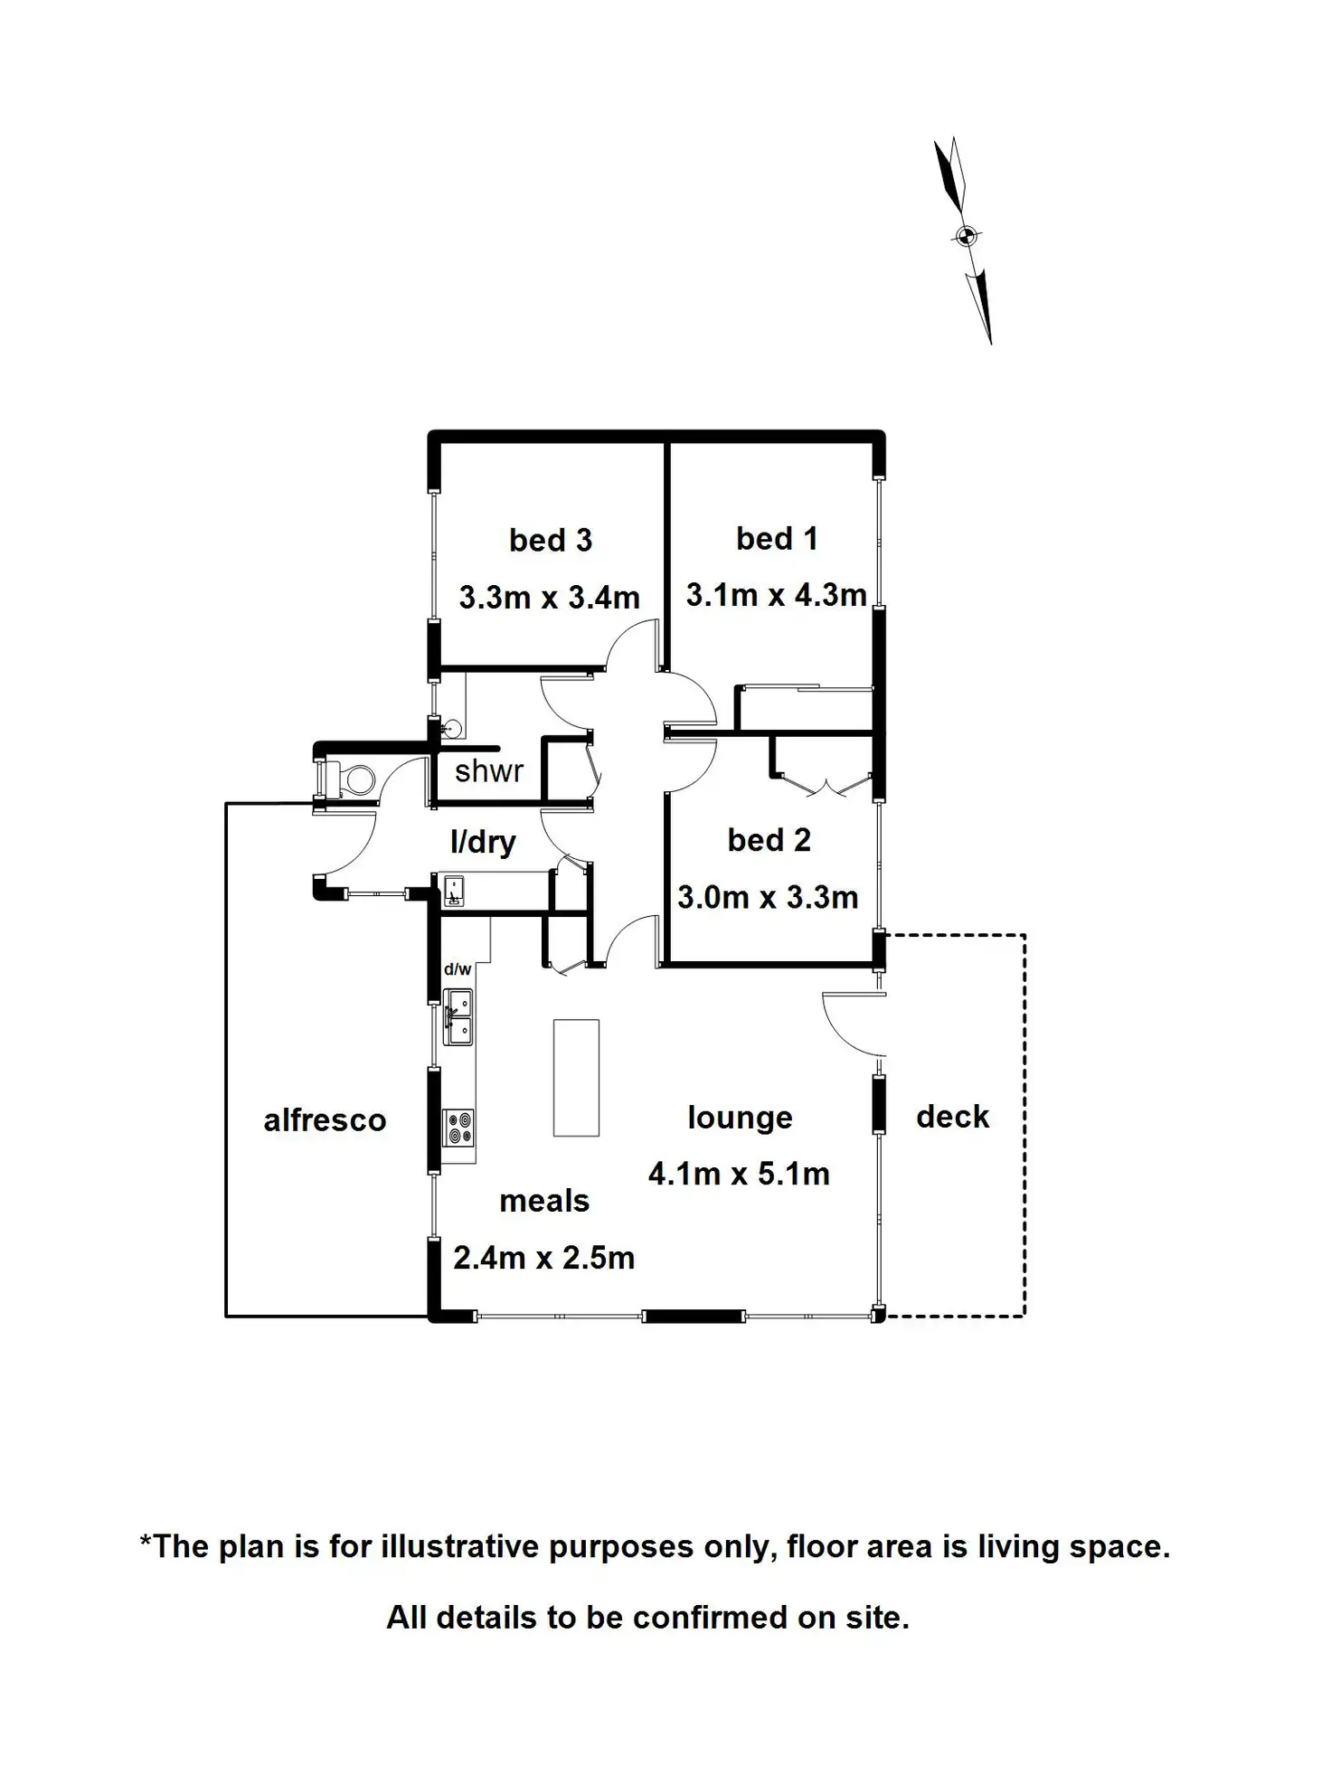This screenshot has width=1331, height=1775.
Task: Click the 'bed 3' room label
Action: click(550, 541)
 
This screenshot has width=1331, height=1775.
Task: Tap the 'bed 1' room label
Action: click(777, 539)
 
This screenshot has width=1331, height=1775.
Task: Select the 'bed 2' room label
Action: click(769, 840)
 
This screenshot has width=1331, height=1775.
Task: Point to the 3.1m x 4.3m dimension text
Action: click(776, 595)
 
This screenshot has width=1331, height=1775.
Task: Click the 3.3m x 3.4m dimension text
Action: click(549, 598)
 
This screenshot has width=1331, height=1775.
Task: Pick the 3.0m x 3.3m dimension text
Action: click(768, 898)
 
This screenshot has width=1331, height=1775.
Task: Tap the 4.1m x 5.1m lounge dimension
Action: click(739, 1175)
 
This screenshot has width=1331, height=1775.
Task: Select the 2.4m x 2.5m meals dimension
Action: click(543, 1258)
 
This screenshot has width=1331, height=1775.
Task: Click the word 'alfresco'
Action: click(325, 1120)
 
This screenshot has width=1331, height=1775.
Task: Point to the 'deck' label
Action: click(952, 1117)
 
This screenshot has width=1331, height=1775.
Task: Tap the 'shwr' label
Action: click(488, 771)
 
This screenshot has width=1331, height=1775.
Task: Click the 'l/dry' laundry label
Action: click(483, 842)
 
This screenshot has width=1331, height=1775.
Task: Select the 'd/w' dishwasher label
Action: click(458, 969)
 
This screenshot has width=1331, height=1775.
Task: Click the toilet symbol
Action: click(348, 779)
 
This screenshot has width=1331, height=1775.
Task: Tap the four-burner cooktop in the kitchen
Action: click(458, 1128)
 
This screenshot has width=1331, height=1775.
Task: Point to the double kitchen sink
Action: click(458, 1017)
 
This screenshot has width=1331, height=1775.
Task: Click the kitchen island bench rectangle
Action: click(576, 1077)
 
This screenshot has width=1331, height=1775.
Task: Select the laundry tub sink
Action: click(453, 890)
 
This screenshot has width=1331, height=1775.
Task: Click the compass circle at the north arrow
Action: click(966, 237)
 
